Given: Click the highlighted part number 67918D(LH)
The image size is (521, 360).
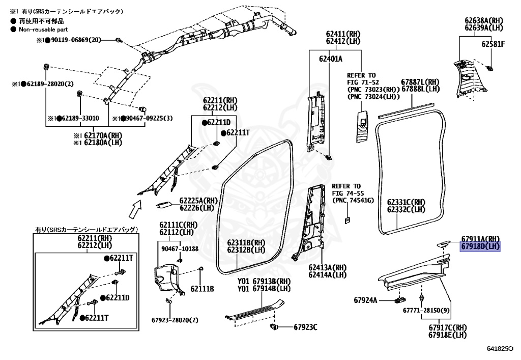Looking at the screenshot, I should click(x=480, y=247).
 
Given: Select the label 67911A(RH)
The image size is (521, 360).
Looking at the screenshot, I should click(x=481, y=239).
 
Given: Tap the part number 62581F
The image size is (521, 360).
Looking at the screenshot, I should click(x=493, y=44).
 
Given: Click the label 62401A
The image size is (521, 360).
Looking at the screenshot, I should click(x=331, y=59).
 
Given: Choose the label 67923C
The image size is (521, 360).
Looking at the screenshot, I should click(x=304, y=327).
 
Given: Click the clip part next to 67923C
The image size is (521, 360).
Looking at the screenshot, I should click(x=275, y=326).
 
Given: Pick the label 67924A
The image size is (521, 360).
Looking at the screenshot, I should click(x=365, y=300).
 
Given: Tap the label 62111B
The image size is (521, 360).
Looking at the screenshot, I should click(x=202, y=289).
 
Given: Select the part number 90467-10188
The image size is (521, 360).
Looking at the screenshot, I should click(x=180, y=248).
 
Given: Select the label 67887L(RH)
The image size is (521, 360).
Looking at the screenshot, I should click(x=420, y=81).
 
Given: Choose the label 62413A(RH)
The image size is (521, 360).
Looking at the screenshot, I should click(x=327, y=267).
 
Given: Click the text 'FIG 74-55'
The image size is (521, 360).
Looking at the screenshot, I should click(x=349, y=193).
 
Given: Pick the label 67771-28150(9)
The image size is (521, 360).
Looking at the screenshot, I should click(x=426, y=310).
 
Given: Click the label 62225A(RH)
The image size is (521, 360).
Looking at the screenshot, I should click(x=198, y=200).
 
